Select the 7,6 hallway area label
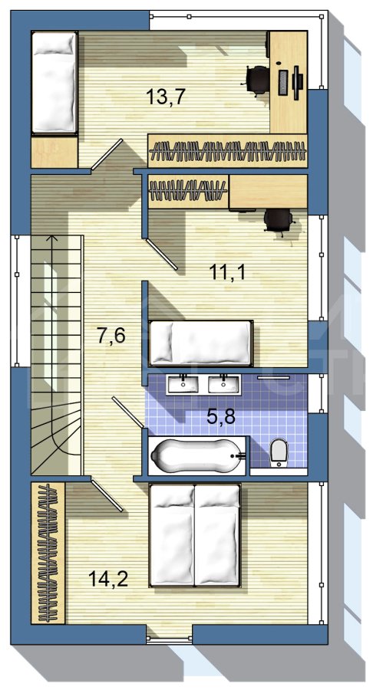pos(111,336)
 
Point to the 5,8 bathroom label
pos(221,416)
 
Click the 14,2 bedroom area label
pos(108,578)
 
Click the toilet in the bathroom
pos(279,452)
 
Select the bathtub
pos(197,455)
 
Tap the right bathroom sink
pos(224,384)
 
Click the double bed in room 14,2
pos(195,534)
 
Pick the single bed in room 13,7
pos(54,83)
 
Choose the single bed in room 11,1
pos(201,343)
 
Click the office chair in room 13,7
pos(257,80)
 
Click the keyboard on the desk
pos(282,81)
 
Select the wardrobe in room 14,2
pos(48,553)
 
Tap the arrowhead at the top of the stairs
pos(52,238)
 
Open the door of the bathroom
pos(127,412)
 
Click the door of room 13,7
pos(107,154)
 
